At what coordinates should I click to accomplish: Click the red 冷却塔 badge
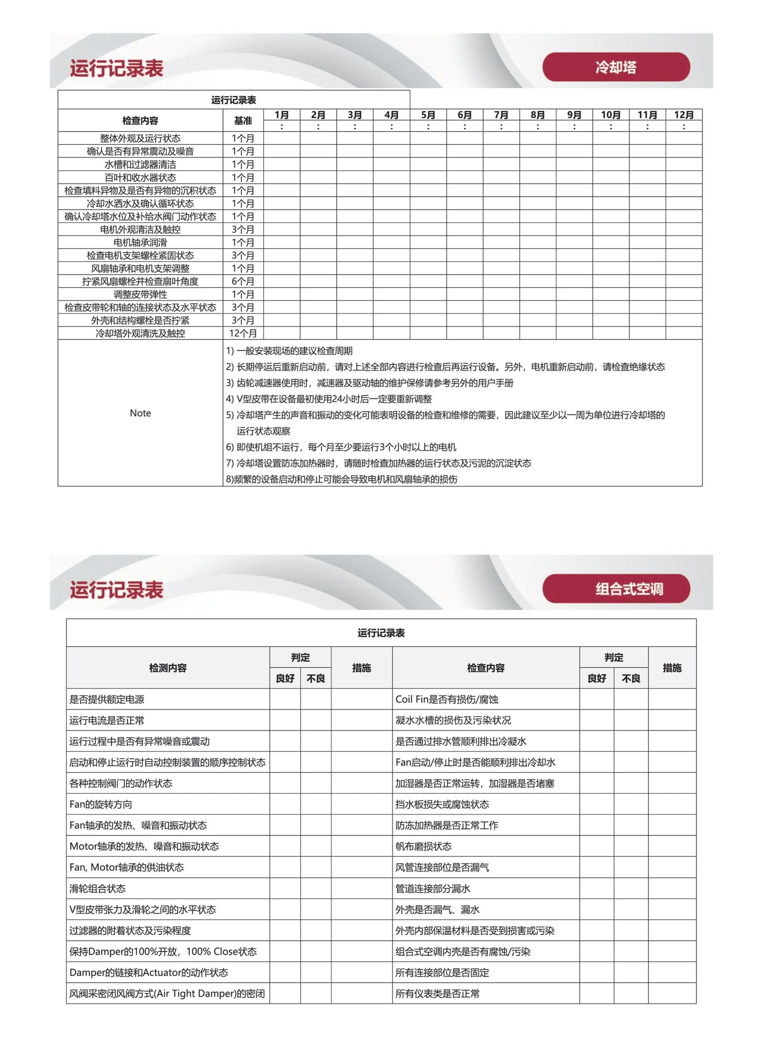pos(616,67)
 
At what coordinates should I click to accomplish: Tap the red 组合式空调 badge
pos(616,589)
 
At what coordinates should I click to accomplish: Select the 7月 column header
pos(501,115)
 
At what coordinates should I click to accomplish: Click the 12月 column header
pos(684,115)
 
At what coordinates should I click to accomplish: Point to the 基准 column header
pos(243,121)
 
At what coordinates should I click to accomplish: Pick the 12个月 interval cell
pos(243,333)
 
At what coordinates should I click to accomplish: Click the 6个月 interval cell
pos(243,281)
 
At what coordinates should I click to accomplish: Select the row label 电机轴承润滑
pos(140,242)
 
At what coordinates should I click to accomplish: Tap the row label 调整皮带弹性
pos(140,294)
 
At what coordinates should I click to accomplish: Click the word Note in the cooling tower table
pos(140,413)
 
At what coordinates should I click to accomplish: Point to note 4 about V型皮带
pos(329,399)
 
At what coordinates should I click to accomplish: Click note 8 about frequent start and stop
pos(341,479)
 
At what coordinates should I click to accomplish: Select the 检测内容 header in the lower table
pos(168,668)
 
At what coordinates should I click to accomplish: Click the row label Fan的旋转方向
pos(101,804)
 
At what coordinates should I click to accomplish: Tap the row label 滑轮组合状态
pos(97,888)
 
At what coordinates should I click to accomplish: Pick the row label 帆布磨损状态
pos(423,846)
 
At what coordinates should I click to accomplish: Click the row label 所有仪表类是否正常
pos(437,994)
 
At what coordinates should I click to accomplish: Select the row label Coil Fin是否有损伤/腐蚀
pos(446,700)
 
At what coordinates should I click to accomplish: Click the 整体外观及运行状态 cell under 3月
pos(355,138)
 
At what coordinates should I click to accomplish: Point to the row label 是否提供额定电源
pos(107,700)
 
